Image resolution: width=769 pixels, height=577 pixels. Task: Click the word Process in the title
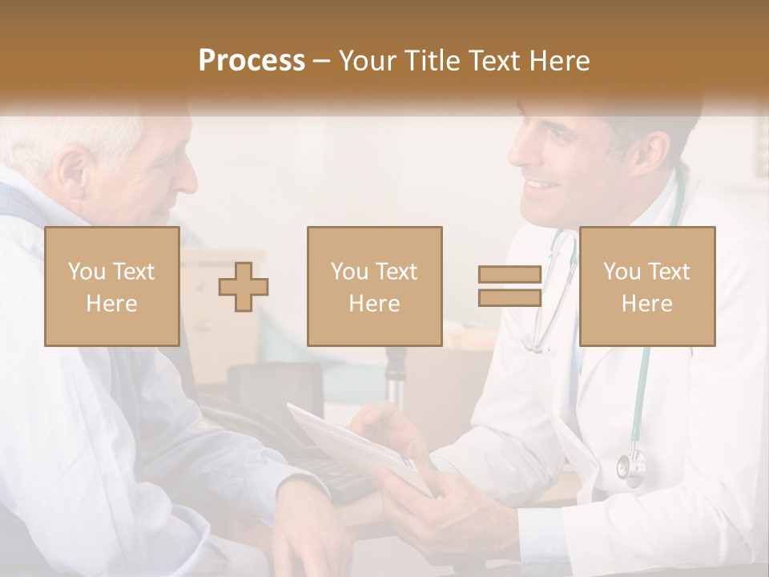(252, 61)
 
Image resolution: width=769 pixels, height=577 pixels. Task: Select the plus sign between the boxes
(244, 287)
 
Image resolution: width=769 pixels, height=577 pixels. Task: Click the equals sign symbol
(509, 286)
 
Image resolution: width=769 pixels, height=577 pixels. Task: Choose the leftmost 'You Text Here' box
(112, 286)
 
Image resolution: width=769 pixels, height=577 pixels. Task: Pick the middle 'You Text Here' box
(374, 286)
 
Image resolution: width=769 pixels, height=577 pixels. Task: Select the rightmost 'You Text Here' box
(646, 286)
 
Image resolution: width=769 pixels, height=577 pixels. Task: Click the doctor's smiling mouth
(543, 186)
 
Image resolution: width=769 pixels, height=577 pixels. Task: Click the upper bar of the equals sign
(509, 275)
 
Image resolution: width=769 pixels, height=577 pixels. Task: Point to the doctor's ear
(653, 148)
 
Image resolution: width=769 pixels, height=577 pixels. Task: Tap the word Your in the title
(367, 61)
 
